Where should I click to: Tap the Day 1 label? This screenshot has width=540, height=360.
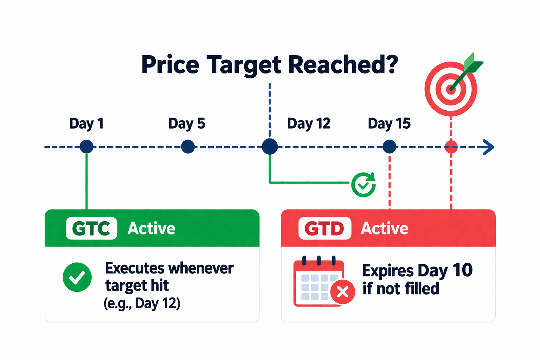coord(86,124)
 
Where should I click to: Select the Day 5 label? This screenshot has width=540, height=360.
coord(187,124)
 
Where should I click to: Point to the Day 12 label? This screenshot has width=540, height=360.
coord(309,124)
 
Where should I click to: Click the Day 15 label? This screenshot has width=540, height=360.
coord(389,124)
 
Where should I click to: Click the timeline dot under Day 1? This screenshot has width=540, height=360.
coord(86,147)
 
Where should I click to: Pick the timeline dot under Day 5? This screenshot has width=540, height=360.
coord(188,147)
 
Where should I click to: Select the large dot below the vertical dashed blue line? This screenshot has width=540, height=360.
coord(270,147)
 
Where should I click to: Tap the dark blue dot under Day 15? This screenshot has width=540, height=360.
coord(389,147)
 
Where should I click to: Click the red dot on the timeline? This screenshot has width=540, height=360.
coord(451,147)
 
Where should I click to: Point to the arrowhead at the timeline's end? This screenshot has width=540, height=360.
coord(489,147)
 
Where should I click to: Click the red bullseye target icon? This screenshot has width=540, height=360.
coord(451,89)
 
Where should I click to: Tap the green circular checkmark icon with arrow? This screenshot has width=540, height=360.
coord(364,185)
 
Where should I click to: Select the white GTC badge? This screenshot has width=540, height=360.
coord(91,229)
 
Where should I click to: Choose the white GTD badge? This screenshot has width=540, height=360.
coord(325,229)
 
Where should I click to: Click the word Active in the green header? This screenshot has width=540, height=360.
coord(151,229)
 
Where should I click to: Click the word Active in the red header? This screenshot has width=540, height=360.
coord(385,229)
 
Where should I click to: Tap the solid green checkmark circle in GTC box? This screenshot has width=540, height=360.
coord(77,277)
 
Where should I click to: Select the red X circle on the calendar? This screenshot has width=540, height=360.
coord(343,292)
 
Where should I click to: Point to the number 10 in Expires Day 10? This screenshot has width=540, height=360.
coord(462,270)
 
